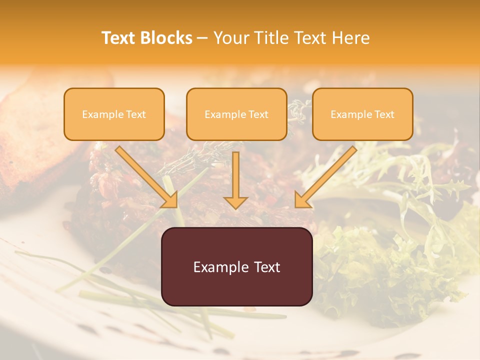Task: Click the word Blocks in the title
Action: (x=166, y=38)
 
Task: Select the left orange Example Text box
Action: (x=114, y=114)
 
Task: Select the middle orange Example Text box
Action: (x=236, y=114)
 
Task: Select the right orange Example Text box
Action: (x=362, y=114)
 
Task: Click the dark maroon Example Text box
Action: (x=236, y=266)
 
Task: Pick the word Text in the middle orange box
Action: (x=258, y=114)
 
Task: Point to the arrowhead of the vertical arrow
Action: (x=235, y=202)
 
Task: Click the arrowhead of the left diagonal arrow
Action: (x=171, y=201)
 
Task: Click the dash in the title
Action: (x=202, y=38)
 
